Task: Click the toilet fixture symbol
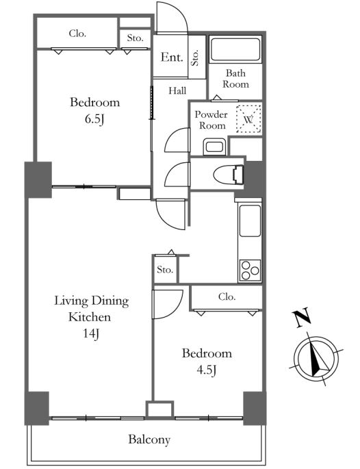[229, 175]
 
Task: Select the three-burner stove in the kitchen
[250, 270]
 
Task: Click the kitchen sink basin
[250, 220]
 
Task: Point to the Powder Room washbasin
[214, 147]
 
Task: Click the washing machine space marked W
[248, 119]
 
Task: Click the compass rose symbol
[316, 358]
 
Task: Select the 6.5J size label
[94, 119]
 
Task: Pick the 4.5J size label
[206, 370]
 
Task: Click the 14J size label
[91, 333]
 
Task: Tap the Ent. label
[172, 57]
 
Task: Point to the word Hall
[177, 90]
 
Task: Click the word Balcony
[149, 440]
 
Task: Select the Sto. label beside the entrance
[195, 58]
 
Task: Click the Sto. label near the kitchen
[165, 270]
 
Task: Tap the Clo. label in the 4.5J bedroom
[227, 296]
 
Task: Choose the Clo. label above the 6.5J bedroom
[77, 33]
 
